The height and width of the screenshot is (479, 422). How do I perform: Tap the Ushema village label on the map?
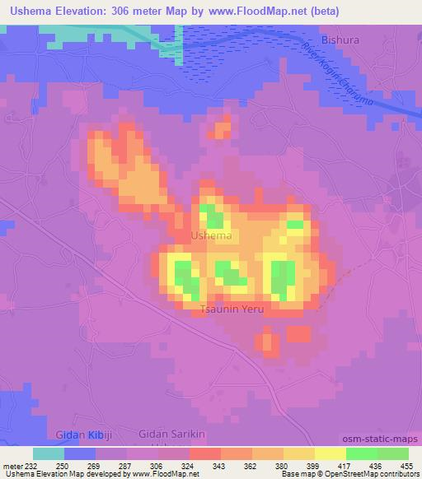pos(211,236)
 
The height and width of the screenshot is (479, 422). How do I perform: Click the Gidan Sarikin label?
pos(171,435)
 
